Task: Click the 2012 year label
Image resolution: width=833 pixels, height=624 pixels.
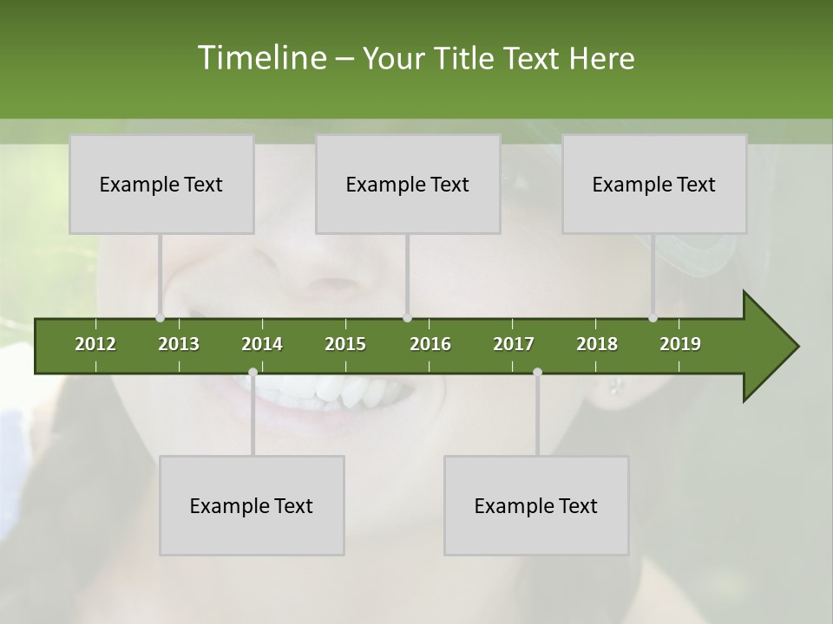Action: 95,344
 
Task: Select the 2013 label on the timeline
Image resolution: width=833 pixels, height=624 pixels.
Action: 179,344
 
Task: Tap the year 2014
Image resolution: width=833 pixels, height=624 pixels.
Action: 262,344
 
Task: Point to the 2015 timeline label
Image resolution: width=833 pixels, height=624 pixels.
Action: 345,344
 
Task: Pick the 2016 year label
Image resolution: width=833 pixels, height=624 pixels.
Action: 430,344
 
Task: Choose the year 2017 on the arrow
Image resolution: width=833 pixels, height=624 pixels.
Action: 514,344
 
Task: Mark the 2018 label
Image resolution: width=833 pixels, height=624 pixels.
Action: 597,344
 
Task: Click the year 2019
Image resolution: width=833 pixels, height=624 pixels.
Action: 680,344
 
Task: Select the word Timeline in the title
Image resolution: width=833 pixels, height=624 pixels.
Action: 261,58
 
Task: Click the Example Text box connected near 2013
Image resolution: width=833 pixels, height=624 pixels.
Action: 161,184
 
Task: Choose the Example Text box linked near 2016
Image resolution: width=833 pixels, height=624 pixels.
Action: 408,184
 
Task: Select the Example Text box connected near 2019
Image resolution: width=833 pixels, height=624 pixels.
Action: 654,184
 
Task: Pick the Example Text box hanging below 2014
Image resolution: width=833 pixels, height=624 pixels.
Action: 252,505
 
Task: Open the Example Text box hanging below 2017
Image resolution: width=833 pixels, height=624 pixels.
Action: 536,505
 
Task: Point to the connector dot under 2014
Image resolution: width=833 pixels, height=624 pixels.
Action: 253,373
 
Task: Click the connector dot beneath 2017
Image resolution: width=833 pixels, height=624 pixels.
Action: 537,373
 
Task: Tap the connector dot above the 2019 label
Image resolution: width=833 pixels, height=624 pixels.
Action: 653,318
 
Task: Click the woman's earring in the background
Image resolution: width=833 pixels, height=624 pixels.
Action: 616,386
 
